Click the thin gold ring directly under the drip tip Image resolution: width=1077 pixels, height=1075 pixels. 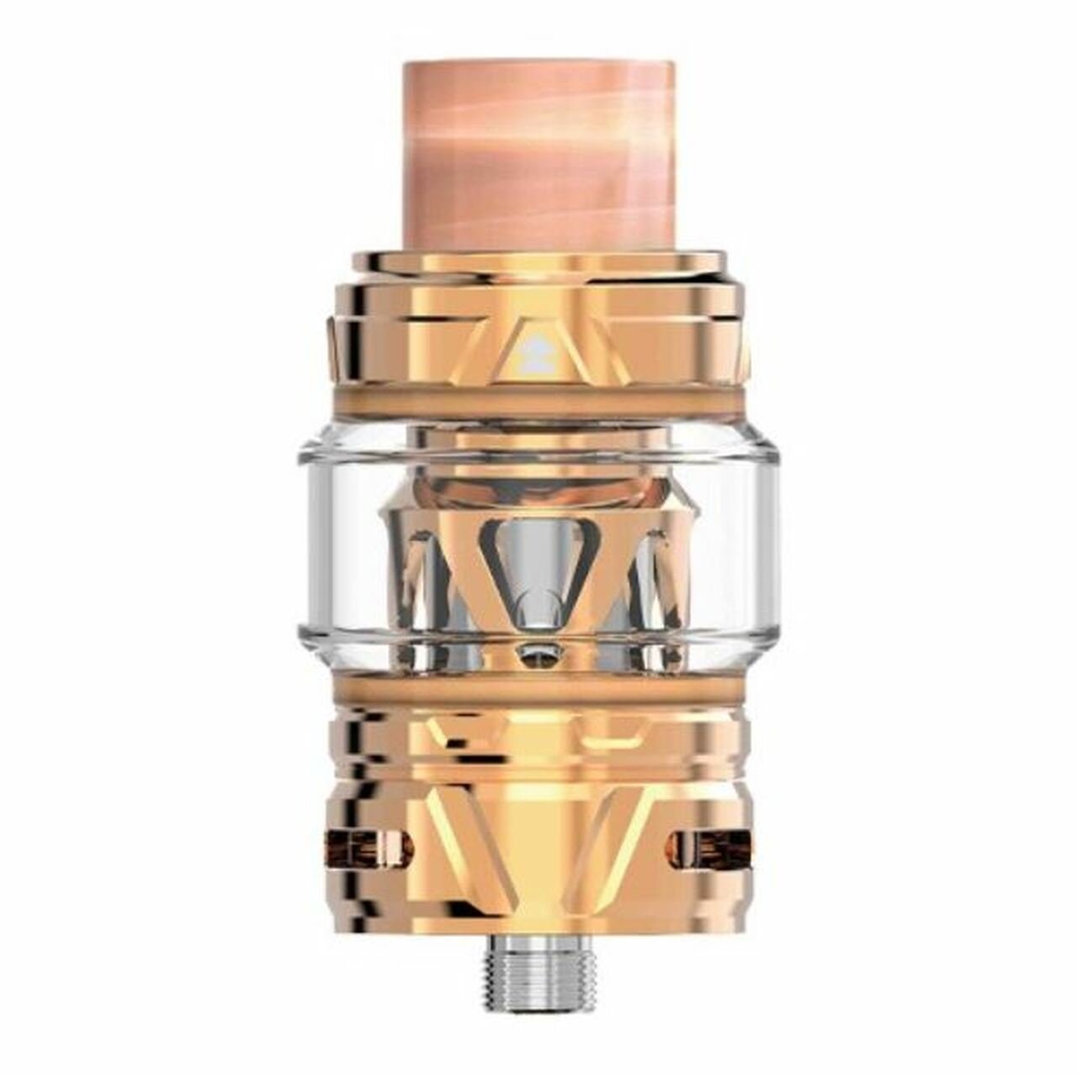538,262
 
